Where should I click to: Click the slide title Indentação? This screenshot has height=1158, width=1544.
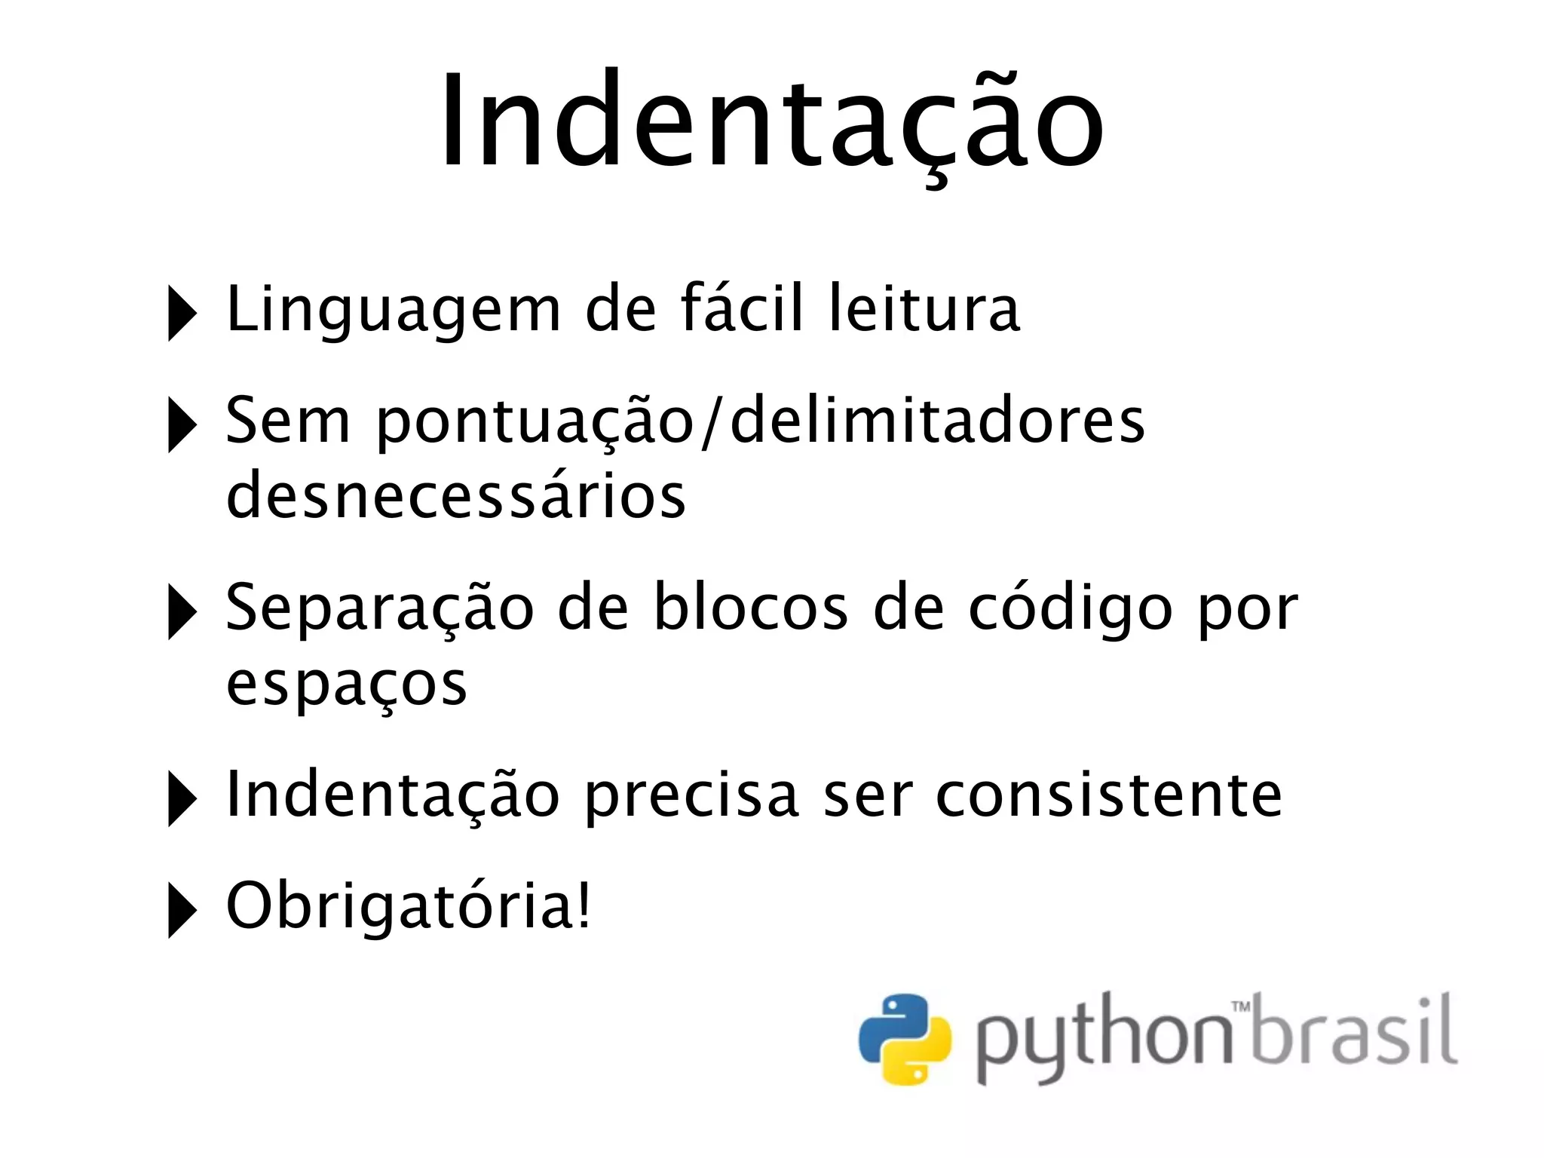771,121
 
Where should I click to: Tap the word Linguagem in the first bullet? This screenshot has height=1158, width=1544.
394,309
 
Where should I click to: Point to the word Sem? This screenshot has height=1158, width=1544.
288,421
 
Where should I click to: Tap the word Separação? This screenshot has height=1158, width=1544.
380,608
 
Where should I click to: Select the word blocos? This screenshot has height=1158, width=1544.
751,608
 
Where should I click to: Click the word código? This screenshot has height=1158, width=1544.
1070,608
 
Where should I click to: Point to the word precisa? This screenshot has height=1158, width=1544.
691,795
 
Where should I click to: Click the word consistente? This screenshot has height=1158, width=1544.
1109,795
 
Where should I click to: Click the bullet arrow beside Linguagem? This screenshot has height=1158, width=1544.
182,312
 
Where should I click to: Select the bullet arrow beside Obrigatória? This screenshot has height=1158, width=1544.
182,909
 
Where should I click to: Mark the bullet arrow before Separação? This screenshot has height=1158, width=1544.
182,611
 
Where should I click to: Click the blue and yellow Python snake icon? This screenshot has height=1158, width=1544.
905,1040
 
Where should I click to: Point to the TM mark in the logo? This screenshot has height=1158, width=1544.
1240,1006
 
